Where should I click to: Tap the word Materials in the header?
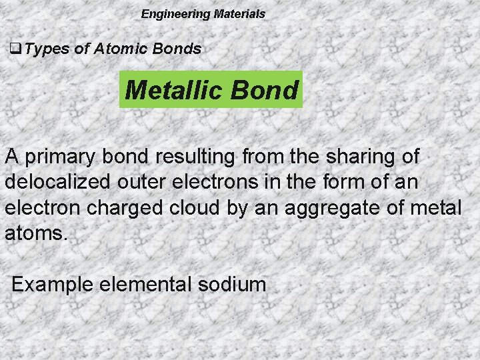coord(239,13)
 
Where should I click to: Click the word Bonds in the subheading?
coord(179,48)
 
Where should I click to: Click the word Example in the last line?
coord(53,285)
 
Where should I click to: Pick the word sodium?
coord(233,285)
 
